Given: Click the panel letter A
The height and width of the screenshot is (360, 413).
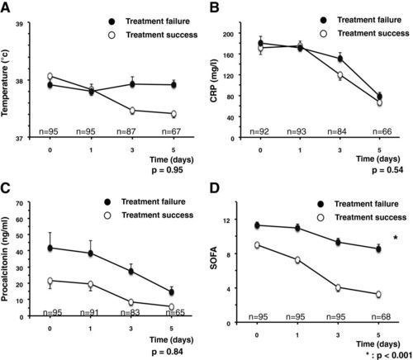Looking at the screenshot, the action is [5, 7].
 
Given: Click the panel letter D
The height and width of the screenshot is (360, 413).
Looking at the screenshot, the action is [215, 188].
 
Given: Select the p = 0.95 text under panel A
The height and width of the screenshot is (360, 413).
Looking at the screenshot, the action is [168, 170].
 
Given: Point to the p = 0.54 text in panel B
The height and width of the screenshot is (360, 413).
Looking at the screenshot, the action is [387, 170].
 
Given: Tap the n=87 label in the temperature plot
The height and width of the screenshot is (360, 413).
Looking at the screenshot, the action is [126, 131].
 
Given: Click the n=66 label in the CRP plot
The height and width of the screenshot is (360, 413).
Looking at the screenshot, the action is [382, 131].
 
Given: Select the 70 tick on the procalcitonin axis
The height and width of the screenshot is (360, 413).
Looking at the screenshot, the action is [19, 204].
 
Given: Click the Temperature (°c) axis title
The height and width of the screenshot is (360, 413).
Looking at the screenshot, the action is [5, 83].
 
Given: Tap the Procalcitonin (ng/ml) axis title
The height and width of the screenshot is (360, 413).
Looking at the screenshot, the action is [5, 259].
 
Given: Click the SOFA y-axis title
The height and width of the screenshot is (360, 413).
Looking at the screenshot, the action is [214, 258].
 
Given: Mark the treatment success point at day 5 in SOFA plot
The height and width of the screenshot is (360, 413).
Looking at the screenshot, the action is [378, 294].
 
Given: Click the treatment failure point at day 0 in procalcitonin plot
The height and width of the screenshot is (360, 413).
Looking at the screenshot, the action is [50, 248].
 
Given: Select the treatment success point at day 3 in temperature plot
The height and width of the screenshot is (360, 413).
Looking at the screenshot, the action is [132, 111].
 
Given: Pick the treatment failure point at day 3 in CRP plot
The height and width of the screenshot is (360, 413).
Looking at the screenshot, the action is [340, 59].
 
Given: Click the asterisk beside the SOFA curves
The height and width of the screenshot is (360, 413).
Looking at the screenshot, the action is [396, 238].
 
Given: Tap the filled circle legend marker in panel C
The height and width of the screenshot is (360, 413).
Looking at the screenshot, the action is [107, 202].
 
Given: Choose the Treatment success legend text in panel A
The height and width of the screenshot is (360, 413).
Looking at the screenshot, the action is [162, 35].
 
